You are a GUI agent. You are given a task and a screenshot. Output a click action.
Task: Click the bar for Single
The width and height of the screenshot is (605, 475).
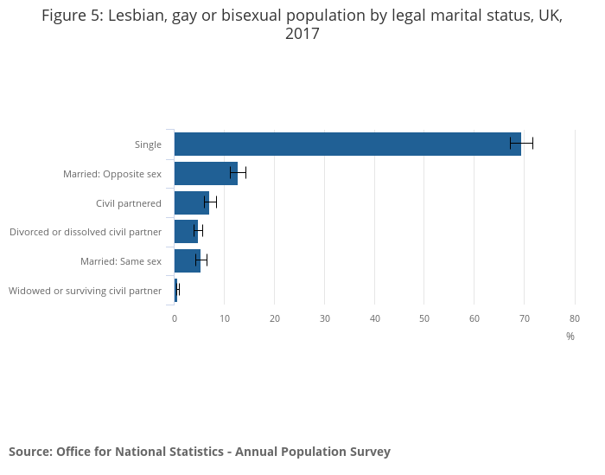[x=346, y=144]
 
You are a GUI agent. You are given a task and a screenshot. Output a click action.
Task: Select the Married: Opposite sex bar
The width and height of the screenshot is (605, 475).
[x=205, y=173]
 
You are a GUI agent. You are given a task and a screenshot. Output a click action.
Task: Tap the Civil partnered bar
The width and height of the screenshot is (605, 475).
[x=191, y=202]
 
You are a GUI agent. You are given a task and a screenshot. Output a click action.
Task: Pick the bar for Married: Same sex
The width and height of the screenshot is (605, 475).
[x=187, y=260]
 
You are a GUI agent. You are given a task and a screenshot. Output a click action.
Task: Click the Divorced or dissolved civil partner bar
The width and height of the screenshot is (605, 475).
[x=186, y=231]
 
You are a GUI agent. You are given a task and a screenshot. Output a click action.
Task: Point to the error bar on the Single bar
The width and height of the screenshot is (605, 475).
[x=521, y=144]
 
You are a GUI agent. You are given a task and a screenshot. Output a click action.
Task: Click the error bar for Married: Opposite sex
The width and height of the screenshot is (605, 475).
[x=238, y=173]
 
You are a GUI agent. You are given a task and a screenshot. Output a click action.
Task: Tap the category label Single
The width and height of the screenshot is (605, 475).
[x=148, y=144]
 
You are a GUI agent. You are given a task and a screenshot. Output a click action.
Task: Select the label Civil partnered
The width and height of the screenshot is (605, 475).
[x=129, y=203]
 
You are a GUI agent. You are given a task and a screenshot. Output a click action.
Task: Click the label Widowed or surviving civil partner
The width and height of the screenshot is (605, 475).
[x=85, y=291]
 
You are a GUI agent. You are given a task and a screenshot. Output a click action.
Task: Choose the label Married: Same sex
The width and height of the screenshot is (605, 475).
[x=121, y=261]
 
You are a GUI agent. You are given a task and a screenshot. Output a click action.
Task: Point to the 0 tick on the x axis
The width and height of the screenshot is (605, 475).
[x=175, y=318]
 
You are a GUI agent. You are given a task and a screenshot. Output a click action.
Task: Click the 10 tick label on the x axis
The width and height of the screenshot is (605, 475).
[x=224, y=318]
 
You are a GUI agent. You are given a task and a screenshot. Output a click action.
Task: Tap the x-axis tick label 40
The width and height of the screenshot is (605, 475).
[x=374, y=318]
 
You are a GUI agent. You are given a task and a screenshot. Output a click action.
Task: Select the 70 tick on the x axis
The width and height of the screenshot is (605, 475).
[x=525, y=318]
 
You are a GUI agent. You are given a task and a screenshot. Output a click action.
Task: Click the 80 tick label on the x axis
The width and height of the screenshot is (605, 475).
[x=575, y=318]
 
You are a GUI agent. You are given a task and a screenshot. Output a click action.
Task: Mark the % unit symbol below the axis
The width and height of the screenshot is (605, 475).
[x=570, y=337]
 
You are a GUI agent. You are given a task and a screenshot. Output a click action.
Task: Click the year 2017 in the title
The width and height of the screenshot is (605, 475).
[x=302, y=35]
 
